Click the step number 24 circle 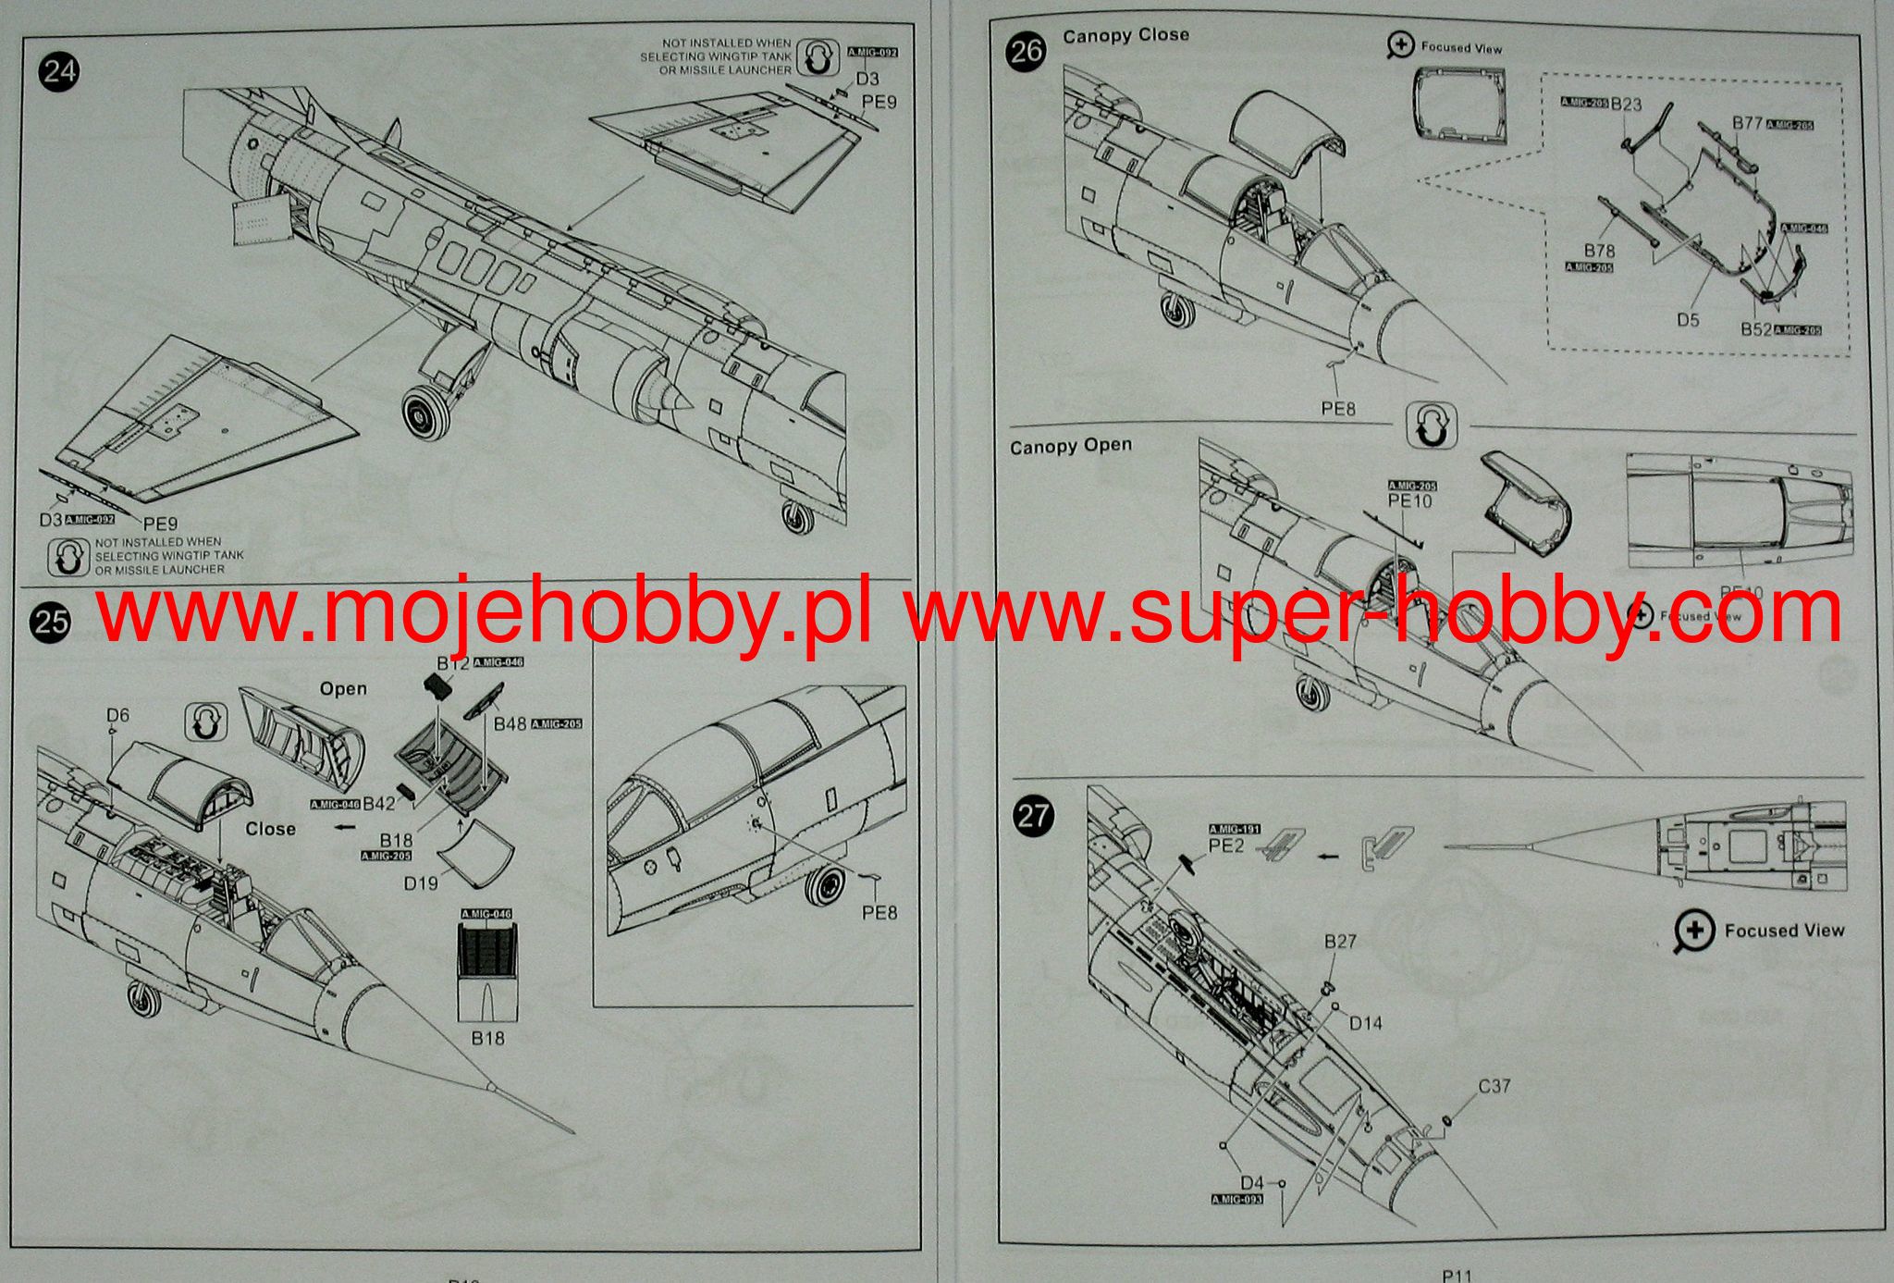pos(59,72)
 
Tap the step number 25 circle pos(51,620)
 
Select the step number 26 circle pos(1027,52)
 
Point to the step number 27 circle pos(1033,815)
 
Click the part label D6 pos(117,715)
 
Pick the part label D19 pos(421,883)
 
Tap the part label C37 pos(1494,1086)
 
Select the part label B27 pos(1340,942)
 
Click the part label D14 pos(1365,1023)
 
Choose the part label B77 pos(1747,123)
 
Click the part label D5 pos(1688,320)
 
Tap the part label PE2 pos(1226,845)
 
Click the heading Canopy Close pos(1125,36)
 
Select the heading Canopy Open pos(1070,447)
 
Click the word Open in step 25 pos(343,689)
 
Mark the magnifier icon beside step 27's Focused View pos(1693,932)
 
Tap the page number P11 pos(1456,1276)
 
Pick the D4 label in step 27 pos(1251,1183)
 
